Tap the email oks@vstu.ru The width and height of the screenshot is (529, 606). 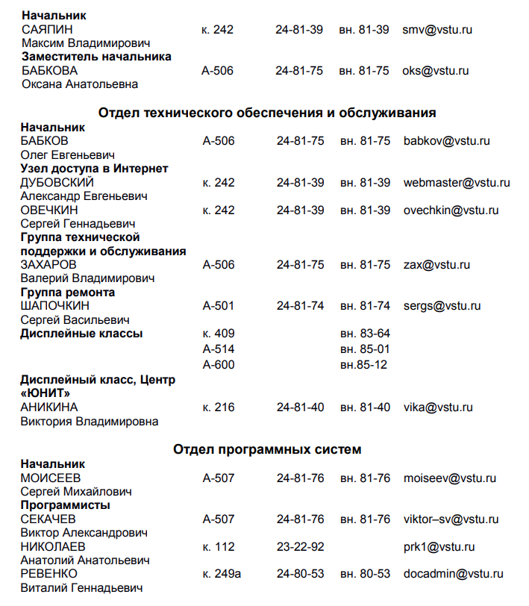tap(435, 71)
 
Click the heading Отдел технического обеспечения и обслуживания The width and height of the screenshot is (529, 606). tap(267, 113)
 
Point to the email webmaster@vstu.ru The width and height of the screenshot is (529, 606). tap(457, 183)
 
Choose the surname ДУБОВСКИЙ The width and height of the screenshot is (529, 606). tap(57, 183)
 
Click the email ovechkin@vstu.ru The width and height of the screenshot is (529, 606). tap(451, 210)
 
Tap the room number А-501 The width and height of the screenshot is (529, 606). tap(218, 306)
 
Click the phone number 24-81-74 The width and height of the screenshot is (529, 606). tap(300, 306)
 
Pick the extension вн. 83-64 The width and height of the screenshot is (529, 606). tap(365, 334)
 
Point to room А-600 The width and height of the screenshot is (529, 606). tap(218, 365)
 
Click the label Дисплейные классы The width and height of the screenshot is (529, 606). tap(81, 334)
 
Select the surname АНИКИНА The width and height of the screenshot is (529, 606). tap(49, 407)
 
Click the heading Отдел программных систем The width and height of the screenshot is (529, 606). tap(267, 449)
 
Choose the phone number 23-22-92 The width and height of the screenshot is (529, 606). tap(300, 547)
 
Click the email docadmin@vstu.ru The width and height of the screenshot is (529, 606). tap(453, 574)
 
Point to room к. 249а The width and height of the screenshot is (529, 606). tap(222, 574)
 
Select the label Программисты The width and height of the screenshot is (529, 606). tap(65, 505)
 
